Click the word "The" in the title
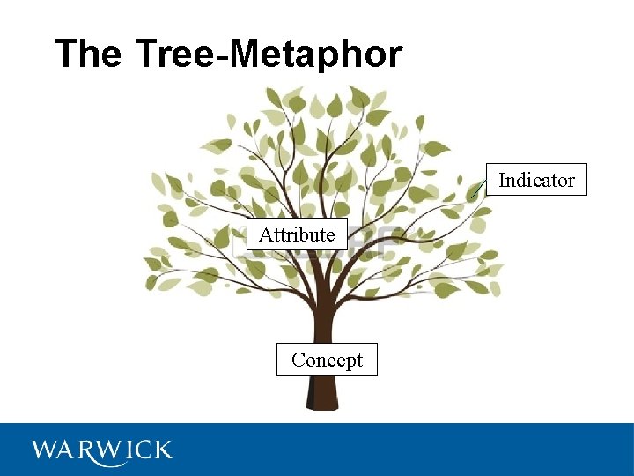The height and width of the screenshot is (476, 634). coord(87,54)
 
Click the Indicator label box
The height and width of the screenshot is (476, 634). coord(536,180)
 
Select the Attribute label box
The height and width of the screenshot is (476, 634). coord(297,234)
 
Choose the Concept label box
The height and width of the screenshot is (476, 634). coord(327,360)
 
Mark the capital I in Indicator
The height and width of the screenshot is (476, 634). coord(502,180)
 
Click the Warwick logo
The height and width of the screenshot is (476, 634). coord(102,450)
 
